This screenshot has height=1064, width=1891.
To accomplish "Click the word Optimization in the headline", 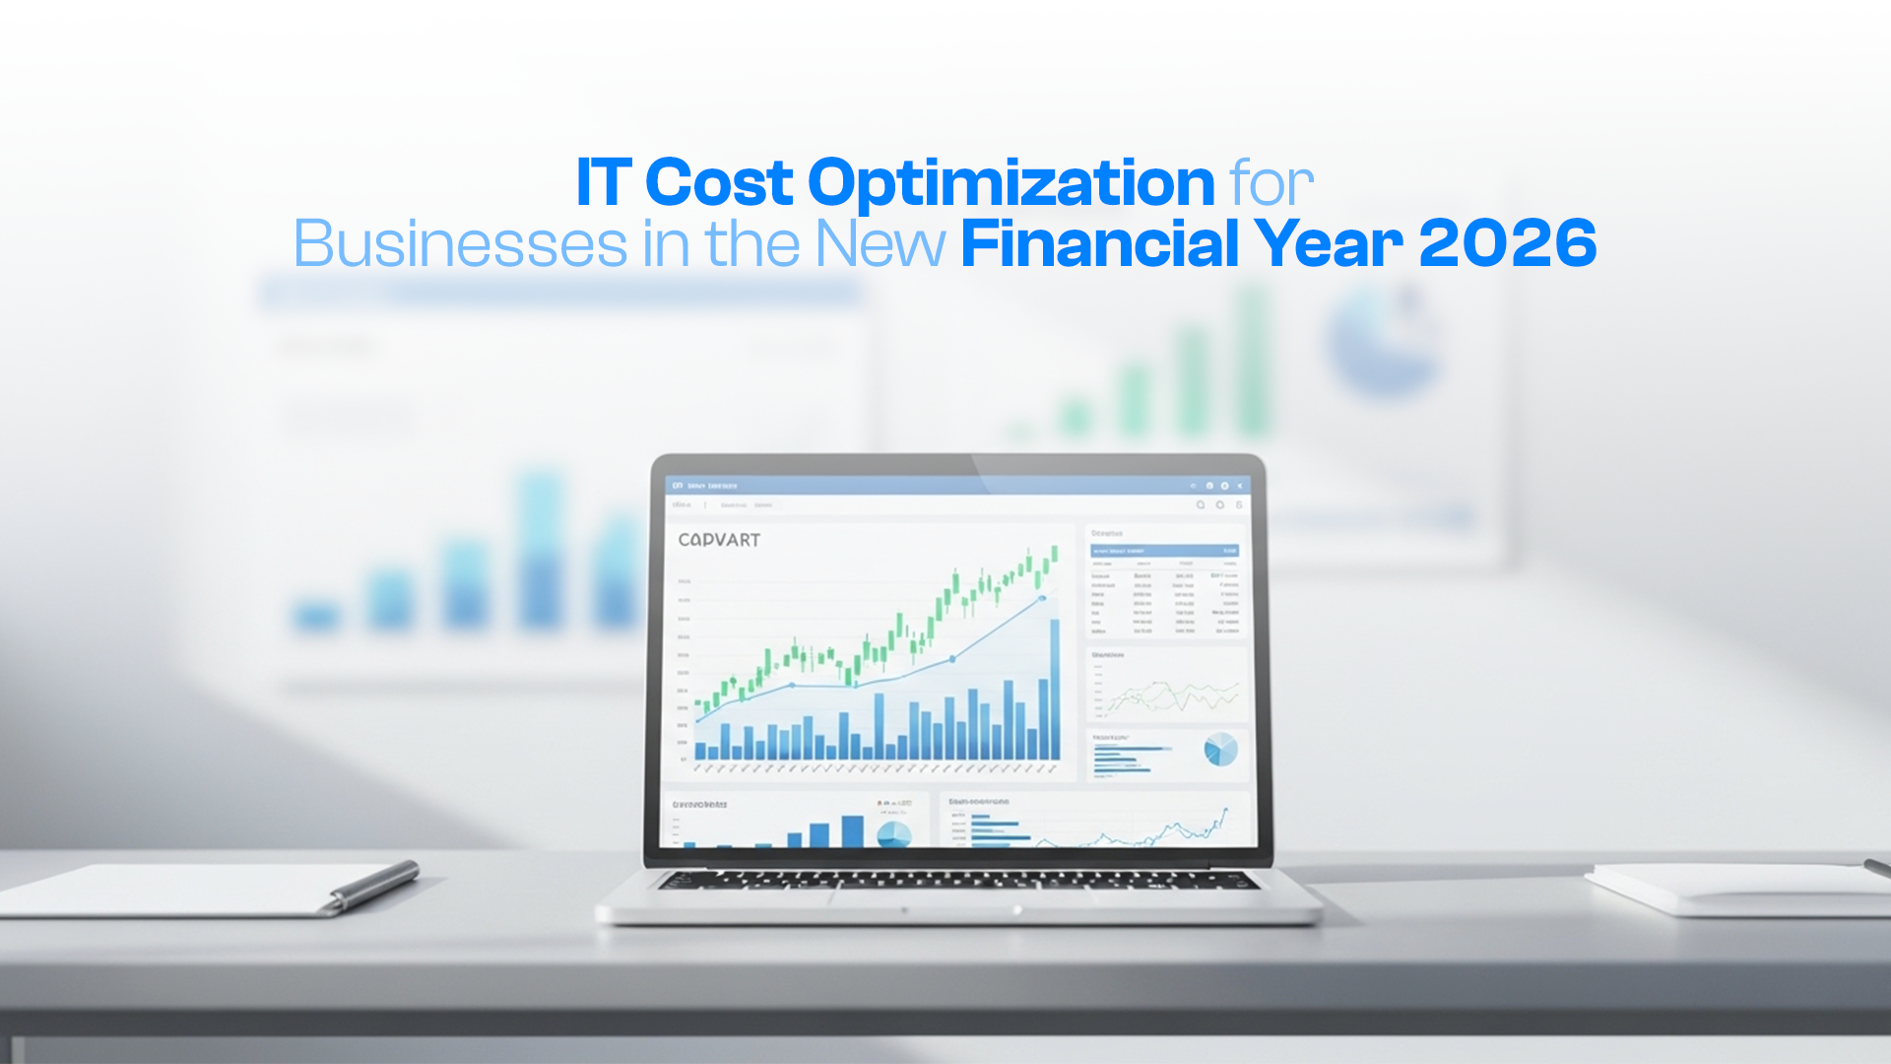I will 1011,183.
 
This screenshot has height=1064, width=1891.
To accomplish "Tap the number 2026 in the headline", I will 1507,244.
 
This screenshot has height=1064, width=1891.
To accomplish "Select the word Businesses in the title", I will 460,244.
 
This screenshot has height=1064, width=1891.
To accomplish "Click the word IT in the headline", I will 602,183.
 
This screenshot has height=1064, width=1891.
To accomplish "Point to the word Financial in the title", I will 1098,244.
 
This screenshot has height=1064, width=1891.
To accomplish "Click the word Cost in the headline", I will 719,183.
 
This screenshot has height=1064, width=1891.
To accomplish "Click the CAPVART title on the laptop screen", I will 719,540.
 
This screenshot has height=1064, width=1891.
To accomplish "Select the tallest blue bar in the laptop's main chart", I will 1055,690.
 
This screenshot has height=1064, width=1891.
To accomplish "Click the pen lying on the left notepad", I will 374,885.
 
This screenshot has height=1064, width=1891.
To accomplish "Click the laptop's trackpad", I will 960,899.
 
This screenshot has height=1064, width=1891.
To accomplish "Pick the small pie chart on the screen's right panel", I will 1220,750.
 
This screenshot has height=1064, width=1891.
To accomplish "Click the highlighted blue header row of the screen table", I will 1164,551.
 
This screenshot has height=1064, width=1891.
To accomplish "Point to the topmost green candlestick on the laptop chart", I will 1054,554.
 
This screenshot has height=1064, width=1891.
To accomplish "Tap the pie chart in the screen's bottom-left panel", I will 893,835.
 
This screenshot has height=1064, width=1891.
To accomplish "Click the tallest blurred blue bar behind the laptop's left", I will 540,552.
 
